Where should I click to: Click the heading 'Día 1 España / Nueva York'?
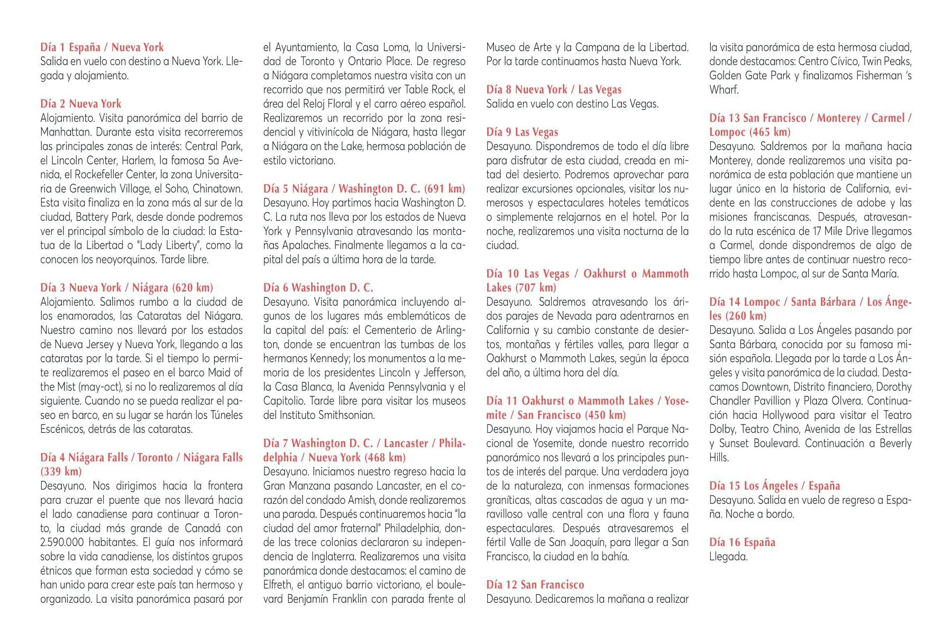pyautogui.click(x=102, y=47)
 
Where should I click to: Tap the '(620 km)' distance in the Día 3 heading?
pyautogui.click(x=193, y=288)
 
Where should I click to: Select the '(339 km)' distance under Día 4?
pyautogui.click(x=61, y=471)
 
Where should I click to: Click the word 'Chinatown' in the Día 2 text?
pyautogui.click(x=217, y=189)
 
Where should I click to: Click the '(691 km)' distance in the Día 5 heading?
pyautogui.click(x=444, y=189)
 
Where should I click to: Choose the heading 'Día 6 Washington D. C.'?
pyautogui.click(x=318, y=288)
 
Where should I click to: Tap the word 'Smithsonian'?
pyautogui.click(x=346, y=415)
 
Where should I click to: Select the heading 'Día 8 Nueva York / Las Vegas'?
pyautogui.click(x=554, y=89)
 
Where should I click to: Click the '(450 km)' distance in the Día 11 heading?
pyautogui.click(x=605, y=415)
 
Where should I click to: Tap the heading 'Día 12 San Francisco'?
pyautogui.click(x=535, y=585)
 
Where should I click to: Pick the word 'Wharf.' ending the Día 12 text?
pyautogui.click(x=724, y=89)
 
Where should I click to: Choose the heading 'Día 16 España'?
pyautogui.click(x=742, y=542)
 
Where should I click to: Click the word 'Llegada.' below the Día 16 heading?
pyautogui.click(x=728, y=557)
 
